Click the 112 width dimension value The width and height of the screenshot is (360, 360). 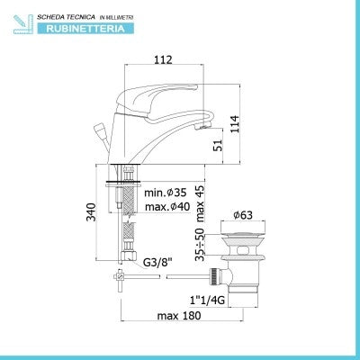164,59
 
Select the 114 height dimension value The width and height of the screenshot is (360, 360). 234,124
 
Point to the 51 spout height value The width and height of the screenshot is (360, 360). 219,145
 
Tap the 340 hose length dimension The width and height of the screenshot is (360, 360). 91,212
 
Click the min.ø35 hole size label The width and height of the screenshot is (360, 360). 166,193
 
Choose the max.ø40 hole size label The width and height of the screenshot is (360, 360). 167,207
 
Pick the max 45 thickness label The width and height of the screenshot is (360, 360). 200,203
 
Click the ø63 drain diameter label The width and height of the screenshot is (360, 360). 243,215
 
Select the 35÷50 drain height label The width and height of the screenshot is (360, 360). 200,245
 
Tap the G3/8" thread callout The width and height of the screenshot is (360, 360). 157,263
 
